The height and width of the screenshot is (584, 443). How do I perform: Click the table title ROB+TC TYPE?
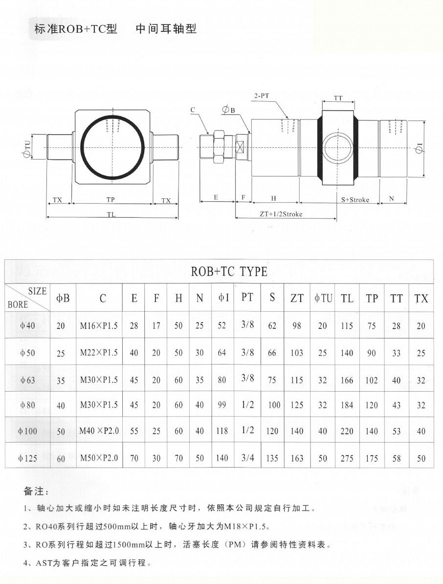coord(229,271)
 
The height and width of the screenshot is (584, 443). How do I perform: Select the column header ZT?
coord(297,298)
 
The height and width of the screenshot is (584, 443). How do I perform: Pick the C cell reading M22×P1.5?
coord(99,352)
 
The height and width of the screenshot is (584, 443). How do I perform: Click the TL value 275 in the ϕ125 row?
coord(347,458)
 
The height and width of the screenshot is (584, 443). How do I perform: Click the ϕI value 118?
coord(222,431)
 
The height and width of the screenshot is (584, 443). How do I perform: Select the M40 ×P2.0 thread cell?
coord(99,431)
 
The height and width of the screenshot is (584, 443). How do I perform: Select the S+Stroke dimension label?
coord(355,200)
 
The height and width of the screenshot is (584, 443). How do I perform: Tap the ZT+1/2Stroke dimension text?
coord(281,214)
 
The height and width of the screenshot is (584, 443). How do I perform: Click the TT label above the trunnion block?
coord(338,98)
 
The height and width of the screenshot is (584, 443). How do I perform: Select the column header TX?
coord(421,298)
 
